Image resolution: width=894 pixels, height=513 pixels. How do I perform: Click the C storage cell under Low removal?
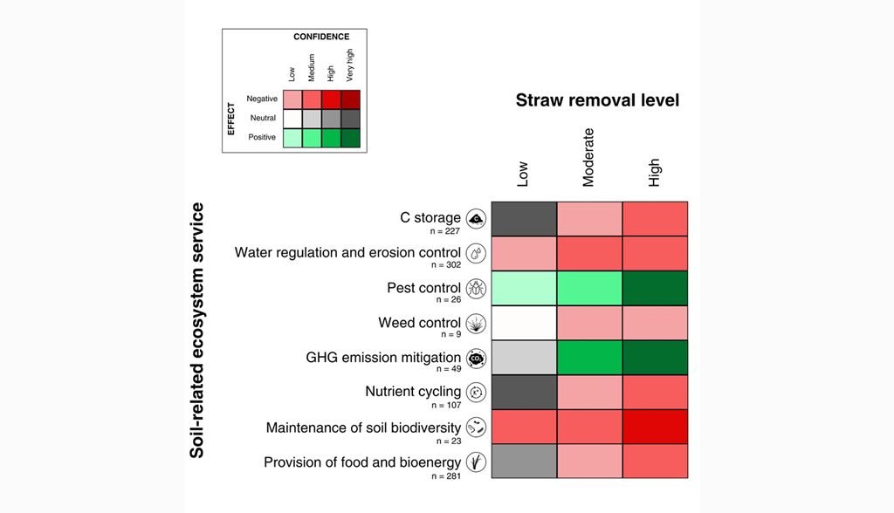(x=524, y=219)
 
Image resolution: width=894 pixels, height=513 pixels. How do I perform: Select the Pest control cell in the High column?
(x=655, y=289)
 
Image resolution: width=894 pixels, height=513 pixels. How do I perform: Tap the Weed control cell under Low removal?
(x=524, y=323)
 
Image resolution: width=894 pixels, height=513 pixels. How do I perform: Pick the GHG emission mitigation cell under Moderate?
(x=589, y=358)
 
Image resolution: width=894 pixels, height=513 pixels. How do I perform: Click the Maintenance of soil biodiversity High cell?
(x=655, y=427)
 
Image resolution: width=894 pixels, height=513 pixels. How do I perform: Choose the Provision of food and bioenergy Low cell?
(x=524, y=462)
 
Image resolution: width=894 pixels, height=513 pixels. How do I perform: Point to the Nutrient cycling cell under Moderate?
(x=589, y=392)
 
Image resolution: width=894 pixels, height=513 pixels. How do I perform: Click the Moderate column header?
(x=588, y=157)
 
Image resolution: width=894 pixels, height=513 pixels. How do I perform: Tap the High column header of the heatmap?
(x=654, y=172)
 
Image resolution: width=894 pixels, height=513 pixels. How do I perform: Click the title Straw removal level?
(x=597, y=100)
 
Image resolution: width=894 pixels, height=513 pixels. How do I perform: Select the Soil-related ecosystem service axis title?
(x=196, y=331)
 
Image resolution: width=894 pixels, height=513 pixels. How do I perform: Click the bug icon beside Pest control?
(x=476, y=289)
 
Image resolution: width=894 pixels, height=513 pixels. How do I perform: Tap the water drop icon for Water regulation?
(x=476, y=253)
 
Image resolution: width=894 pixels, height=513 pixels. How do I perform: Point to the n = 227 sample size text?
(x=444, y=231)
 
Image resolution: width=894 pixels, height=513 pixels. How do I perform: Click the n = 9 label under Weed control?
(x=450, y=335)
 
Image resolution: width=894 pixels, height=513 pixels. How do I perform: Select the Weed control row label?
(x=420, y=323)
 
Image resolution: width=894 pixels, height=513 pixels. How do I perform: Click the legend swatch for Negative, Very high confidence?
(x=351, y=99)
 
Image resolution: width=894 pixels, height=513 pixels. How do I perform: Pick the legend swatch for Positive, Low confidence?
(x=292, y=138)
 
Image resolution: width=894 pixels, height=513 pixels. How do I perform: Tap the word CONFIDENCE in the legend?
(x=321, y=37)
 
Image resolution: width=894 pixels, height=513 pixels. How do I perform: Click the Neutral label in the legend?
(x=263, y=118)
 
